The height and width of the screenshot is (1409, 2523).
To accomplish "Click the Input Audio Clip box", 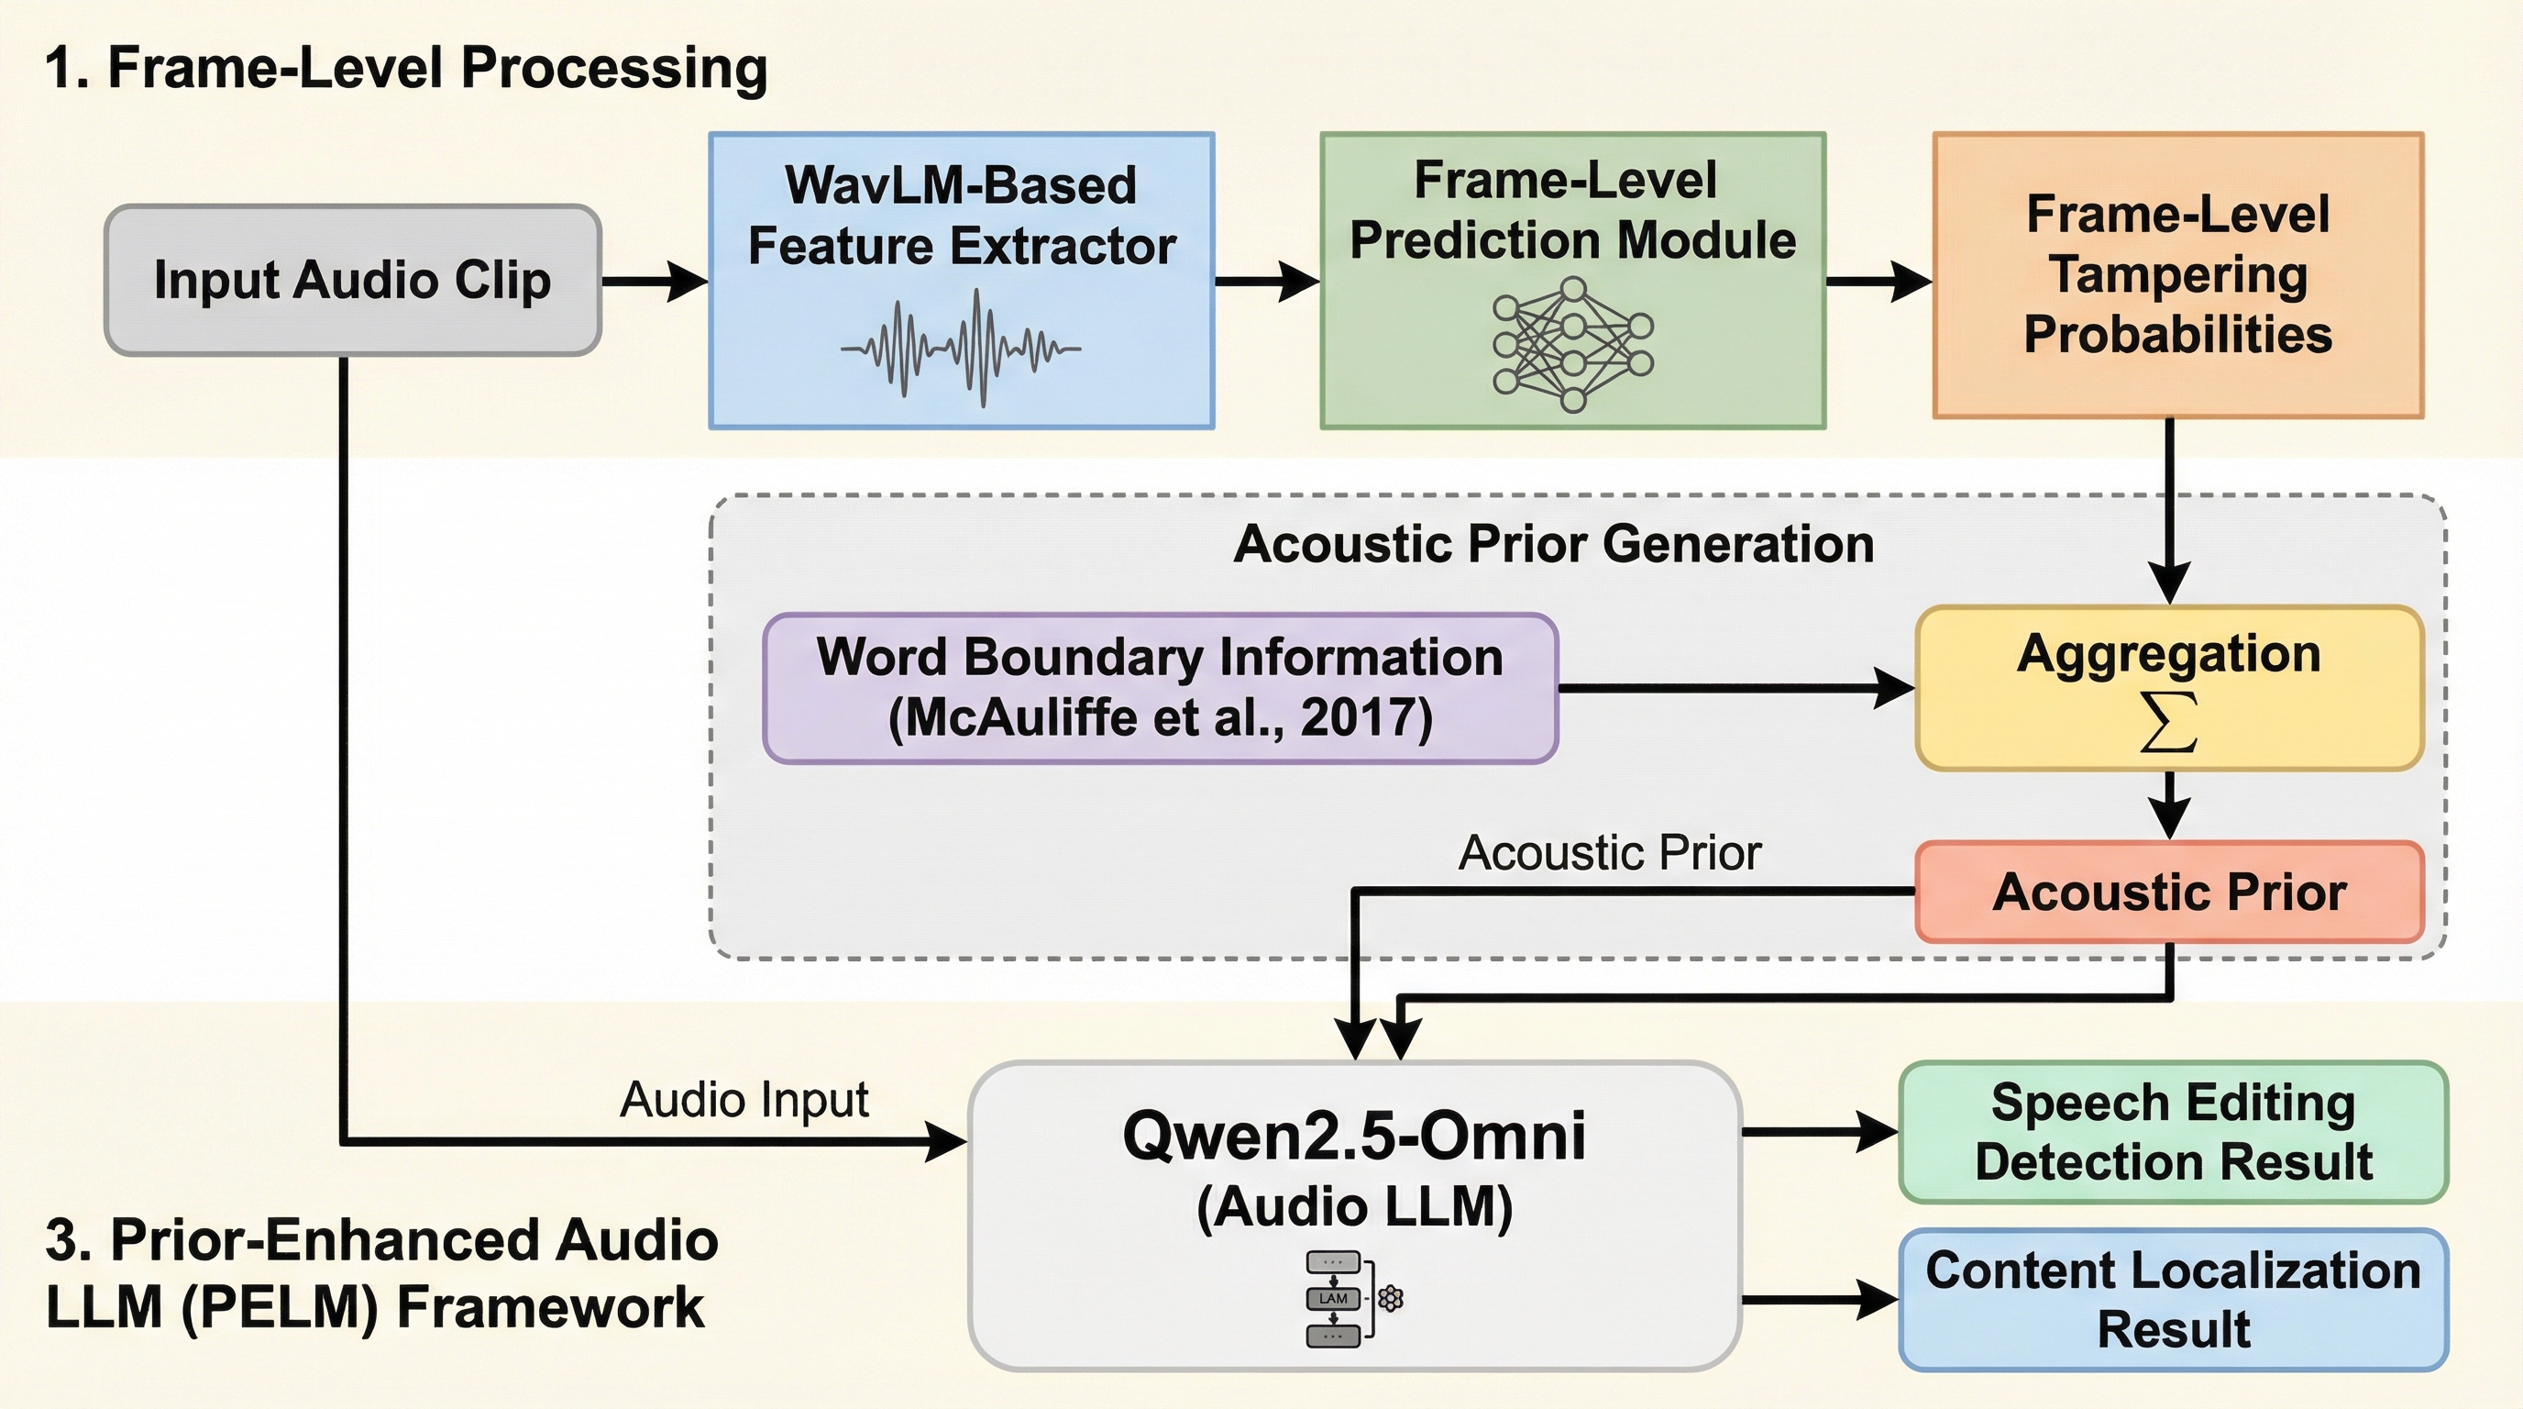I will pyautogui.click(x=353, y=280).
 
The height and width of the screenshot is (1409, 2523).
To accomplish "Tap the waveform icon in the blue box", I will pyautogui.click(x=961, y=348).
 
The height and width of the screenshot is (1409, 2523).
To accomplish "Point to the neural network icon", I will pyautogui.click(x=1572, y=344).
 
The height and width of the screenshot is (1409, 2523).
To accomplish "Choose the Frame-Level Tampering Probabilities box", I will pyautogui.click(x=2177, y=275).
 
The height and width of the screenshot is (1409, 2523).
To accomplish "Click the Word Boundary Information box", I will pyautogui.click(x=1160, y=688).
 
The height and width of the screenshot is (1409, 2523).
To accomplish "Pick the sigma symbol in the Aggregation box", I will pyautogui.click(x=2168, y=723).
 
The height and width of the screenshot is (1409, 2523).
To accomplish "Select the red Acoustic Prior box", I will pyautogui.click(x=2168, y=893).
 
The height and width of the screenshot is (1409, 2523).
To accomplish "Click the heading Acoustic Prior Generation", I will pyautogui.click(x=1553, y=544).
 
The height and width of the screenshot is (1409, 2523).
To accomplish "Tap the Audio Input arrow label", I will pyautogui.click(x=744, y=1099).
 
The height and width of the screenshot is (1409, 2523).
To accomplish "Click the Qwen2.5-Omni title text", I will pyautogui.click(x=1353, y=1137).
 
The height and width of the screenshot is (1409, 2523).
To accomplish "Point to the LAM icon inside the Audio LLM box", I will pyautogui.click(x=1334, y=1298).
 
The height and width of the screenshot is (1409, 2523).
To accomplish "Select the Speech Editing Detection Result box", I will pyautogui.click(x=2173, y=1132).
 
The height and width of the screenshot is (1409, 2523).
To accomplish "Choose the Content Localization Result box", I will pyautogui.click(x=2173, y=1299).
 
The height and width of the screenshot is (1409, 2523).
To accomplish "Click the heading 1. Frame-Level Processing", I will pyautogui.click(x=406, y=69).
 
